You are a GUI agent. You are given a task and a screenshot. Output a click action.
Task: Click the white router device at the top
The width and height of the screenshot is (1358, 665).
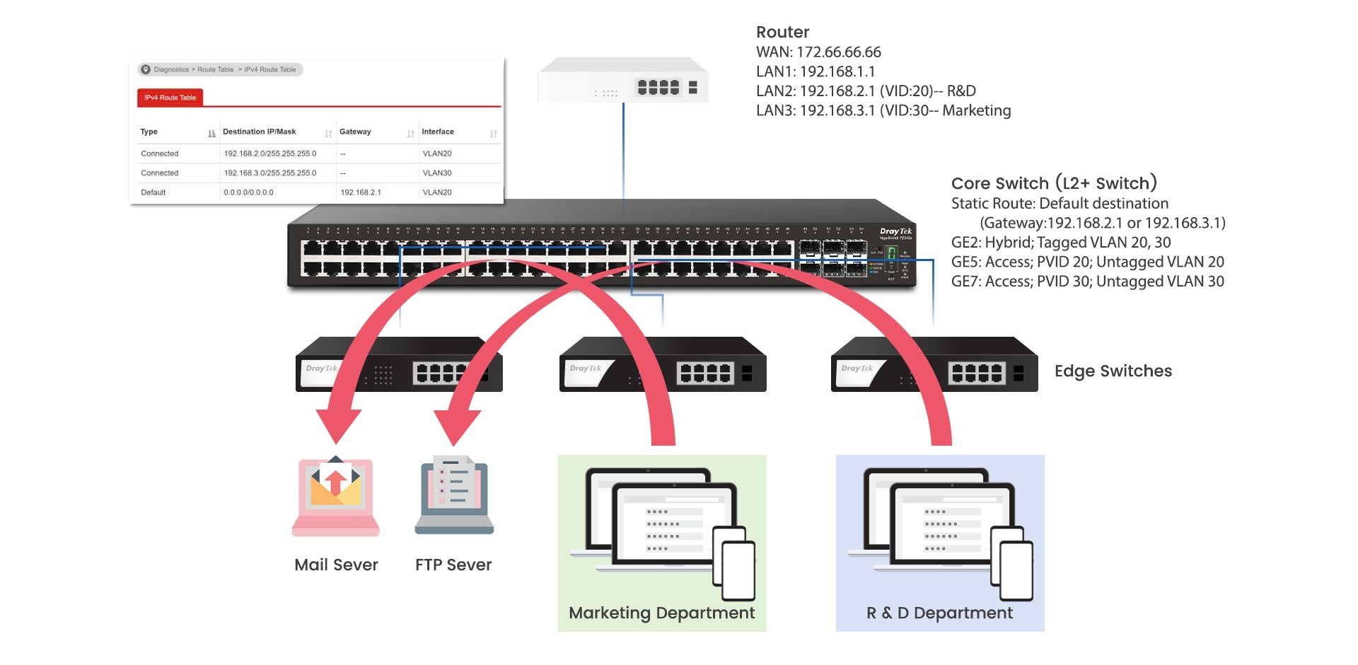(x=623, y=81)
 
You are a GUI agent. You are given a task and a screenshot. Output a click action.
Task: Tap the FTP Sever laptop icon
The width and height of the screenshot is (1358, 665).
(x=453, y=496)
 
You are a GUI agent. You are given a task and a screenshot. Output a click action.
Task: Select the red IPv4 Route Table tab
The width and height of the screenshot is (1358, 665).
(x=170, y=98)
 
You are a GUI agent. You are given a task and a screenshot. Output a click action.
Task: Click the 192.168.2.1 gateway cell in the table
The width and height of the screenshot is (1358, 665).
(x=361, y=192)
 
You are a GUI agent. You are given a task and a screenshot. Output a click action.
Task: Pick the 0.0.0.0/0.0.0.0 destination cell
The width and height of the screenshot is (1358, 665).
(x=248, y=192)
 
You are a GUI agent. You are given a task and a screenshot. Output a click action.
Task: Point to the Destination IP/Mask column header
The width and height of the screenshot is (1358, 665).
(x=260, y=132)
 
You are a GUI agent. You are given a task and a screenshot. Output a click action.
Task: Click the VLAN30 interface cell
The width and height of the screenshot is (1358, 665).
(x=437, y=173)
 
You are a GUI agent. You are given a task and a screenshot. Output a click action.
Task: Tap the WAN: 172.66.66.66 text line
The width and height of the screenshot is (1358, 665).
(x=818, y=52)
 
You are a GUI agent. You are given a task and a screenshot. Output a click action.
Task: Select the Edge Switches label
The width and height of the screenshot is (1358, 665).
(x=1113, y=371)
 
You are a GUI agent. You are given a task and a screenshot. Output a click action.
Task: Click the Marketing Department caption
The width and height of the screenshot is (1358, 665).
(x=661, y=613)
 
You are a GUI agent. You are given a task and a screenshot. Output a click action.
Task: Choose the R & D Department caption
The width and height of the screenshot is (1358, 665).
(x=939, y=613)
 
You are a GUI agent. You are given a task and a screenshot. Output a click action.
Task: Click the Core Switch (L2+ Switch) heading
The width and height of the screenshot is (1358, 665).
(x=1054, y=183)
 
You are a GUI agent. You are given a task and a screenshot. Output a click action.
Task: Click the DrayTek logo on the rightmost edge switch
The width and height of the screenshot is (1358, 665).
(x=857, y=369)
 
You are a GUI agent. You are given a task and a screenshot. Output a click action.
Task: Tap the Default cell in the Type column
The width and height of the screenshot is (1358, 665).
(x=153, y=192)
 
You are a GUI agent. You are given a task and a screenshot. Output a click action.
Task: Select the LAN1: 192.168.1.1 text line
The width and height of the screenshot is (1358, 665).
(x=816, y=71)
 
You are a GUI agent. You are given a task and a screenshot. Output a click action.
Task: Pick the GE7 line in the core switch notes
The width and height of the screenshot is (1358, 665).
(x=1087, y=282)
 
